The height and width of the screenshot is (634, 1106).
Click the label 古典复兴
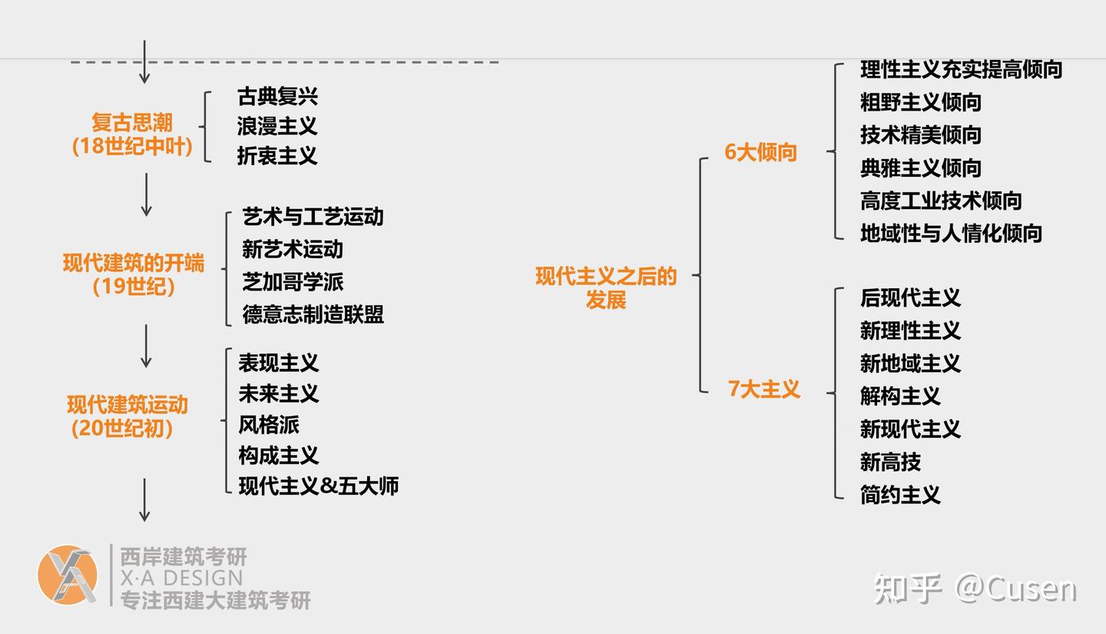point(277,97)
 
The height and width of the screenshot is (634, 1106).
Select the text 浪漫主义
point(277,126)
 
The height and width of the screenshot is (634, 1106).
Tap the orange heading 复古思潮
point(132,123)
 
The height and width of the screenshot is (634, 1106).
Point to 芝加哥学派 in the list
point(293,282)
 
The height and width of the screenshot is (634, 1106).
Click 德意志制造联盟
point(313,314)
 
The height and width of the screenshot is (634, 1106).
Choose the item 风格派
point(269,424)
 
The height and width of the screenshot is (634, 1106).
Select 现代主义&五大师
point(318,486)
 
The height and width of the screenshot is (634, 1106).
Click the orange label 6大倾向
point(760,152)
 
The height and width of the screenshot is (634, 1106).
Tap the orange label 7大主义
point(763,390)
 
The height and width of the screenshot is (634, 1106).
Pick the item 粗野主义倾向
point(920,102)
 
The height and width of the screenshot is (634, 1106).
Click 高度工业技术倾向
point(940,201)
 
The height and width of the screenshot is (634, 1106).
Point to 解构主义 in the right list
point(900,397)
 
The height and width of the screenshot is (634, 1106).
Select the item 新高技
point(890,462)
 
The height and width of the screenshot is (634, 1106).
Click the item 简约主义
point(900,495)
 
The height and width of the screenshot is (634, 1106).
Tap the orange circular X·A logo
point(68,575)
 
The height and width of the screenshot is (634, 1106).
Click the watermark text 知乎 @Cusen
point(974,589)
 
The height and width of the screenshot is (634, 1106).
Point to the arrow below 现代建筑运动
point(144,500)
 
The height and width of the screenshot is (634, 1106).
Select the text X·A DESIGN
point(181,578)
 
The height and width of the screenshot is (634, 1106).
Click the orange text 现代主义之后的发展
point(606,287)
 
